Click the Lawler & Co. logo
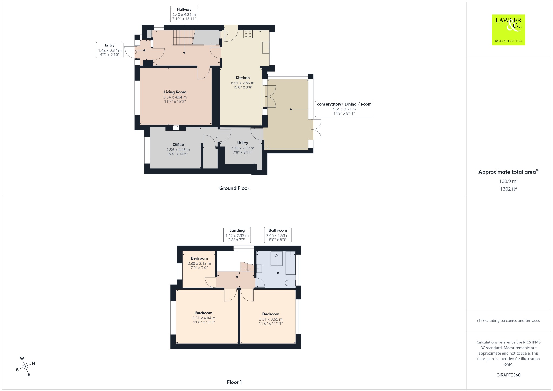[508, 30]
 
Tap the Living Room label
[175, 92]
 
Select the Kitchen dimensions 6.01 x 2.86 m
[243, 83]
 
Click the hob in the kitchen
[248, 34]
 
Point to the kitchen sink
[266, 48]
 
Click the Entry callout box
[110, 50]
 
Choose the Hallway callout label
[184, 14]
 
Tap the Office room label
[178, 144]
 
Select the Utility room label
[242, 143]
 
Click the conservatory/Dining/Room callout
[344, 109]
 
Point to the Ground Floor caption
[234, 188]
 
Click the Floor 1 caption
[234, 382]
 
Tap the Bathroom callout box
[278, 235]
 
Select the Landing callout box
[237, 235]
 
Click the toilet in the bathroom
[290, 283]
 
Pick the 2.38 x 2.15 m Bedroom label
[199, 258]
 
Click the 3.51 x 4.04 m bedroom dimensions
[204, 318]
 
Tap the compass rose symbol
[25, 366]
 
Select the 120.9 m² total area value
[508, 181]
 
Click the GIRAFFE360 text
[508, 375]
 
